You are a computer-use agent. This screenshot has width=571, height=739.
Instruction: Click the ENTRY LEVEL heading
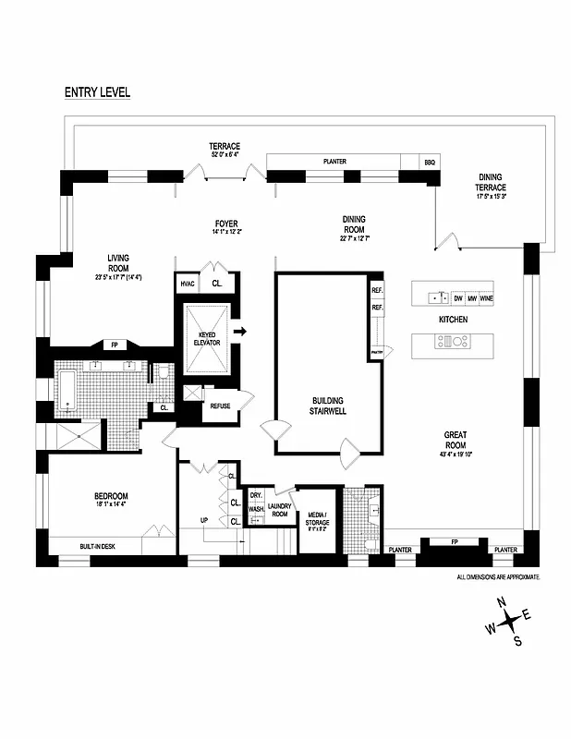tap(97, 92)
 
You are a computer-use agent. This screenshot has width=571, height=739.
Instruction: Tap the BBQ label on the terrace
tap(430, 162)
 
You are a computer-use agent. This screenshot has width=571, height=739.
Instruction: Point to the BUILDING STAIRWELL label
tap(329, 406)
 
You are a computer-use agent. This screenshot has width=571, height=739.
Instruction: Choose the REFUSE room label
tap(220, 406)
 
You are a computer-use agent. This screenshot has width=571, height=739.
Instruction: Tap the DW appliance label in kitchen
tap(457, 298)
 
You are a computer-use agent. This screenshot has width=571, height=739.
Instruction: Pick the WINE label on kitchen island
tap(486, 298)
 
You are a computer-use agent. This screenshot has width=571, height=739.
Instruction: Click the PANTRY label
tap(377, 352)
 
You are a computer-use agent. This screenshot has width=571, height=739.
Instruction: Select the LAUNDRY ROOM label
tap(280, 510)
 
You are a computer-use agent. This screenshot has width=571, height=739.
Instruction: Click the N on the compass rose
tap(503, 602)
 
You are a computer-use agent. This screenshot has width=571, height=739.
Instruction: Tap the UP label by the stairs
tap(204, 520)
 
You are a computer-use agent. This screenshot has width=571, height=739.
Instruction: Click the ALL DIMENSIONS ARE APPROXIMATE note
tap(498, 576)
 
